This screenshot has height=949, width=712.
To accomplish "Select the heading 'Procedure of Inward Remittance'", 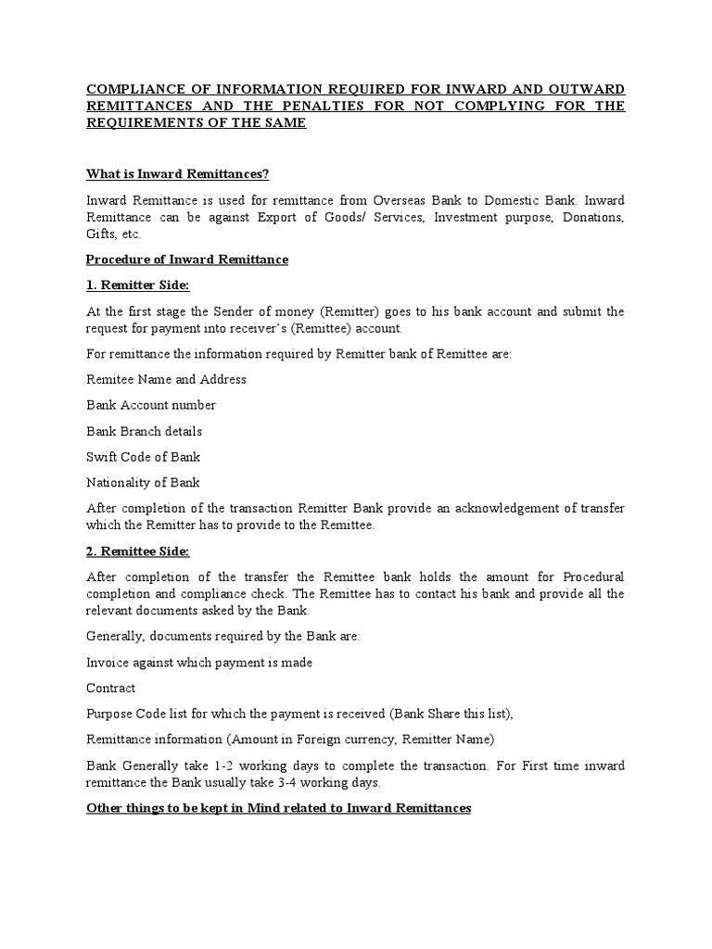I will [186, 259].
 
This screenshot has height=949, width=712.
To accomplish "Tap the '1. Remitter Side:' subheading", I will [137, 285].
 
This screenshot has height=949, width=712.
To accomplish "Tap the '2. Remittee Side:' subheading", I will [137, 551].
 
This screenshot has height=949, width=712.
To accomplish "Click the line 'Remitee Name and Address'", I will [166, 379].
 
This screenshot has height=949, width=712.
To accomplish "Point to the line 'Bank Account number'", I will [150, 405].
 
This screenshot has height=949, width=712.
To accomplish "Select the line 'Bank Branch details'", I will [144, 431].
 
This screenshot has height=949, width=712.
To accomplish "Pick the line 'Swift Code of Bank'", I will [143, 457].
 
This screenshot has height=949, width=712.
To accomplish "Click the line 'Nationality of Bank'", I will [143, 483].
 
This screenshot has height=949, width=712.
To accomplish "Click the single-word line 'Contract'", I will [110, 688].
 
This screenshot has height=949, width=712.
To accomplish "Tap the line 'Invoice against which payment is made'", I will [199, 662].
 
